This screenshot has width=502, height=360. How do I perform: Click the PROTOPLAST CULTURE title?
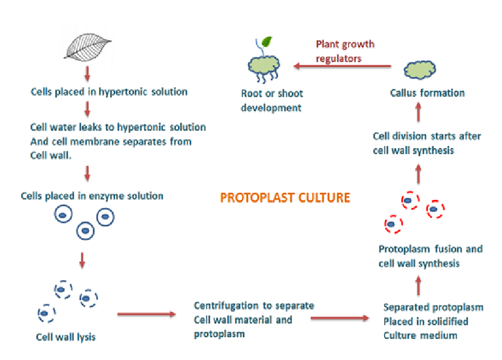pyautogui.click(x=285, y=197)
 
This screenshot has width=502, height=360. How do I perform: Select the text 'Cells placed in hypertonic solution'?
pyautogui.click(x=109, y=91)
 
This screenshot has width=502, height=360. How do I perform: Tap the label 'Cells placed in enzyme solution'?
pyautogui.click(x=92, y=195)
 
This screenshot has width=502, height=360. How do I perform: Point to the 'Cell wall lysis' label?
pyautogui.click(x=65, y=338)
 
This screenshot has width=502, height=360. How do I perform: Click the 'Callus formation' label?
pyautogui.click(x=428, y=93)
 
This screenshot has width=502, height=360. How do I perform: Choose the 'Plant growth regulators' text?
pyautogui.click(x=345, y=51)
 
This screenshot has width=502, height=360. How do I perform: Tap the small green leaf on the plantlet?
pyautogui.click(x=267, y=42)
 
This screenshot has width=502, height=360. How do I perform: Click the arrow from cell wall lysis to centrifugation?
pyautogui.click(x=147, y=314)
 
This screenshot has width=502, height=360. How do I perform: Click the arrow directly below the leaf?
pyautogui.click(x=87, y=74)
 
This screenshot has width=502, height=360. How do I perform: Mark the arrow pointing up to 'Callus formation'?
pyautogui.click(x=418, y=112)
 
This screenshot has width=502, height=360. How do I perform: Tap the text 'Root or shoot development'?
pyautogui.click(x=271, y=100)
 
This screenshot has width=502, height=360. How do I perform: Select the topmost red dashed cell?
pyautogui.click(x=408, y=202)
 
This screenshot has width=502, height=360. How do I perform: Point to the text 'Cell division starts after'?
pyautogui.click(x=427, y=136)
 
